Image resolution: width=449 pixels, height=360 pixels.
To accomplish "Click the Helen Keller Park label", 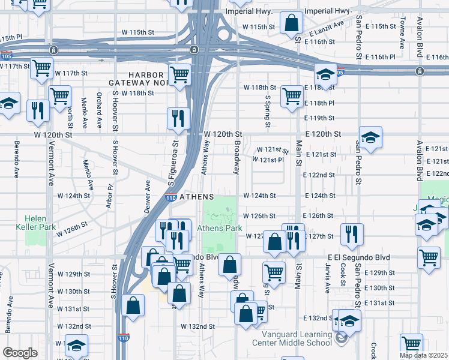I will [40, 223].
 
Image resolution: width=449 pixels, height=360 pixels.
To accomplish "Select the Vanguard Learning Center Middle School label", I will [297, 338].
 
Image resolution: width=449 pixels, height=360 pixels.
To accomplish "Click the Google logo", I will [20, 353].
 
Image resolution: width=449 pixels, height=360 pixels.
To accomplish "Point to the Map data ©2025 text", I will [424, 355].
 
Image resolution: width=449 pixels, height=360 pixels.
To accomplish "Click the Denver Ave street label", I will [147, 190].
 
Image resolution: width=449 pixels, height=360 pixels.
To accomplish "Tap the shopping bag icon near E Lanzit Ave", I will [291, 25].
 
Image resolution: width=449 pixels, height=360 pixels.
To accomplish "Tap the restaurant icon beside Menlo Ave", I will [37, 110].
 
